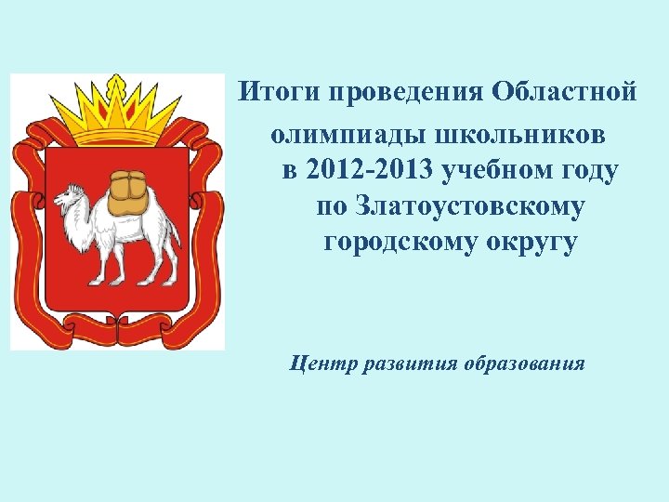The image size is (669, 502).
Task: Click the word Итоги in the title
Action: (267, 94)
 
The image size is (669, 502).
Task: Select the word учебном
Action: (492, 171)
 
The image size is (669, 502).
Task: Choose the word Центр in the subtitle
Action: (321, 362)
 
